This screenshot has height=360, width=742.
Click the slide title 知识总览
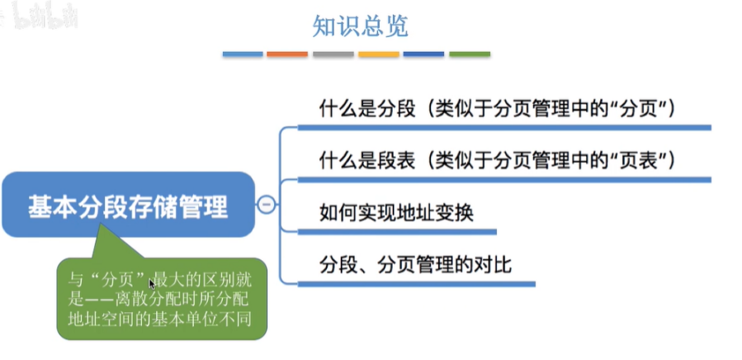pyautogui.click(x=360, y=26)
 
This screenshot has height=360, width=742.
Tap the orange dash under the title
pyautogui.click(x=287, y=54)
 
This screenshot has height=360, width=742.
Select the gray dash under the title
pyautogui.click(x=333, y=54)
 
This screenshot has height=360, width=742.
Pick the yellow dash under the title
pyautogui.click(x=378, y=54)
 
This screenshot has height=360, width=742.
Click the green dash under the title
pyautogui.click(x=469, y=54)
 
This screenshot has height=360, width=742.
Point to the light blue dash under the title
pyautogui.click(x=242, y=54)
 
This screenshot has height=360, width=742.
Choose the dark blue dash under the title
pyautogui.click(x=423, y=54)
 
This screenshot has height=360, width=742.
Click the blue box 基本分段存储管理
pyautogui.click(x=127, y=206)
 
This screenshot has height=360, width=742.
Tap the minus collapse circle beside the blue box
pyautogui.click(x=267, y=206)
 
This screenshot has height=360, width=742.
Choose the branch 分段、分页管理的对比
pyautogui.click(x=415, y=265)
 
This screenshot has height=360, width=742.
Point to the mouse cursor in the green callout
pyautogui.click(x=151, y=283)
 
